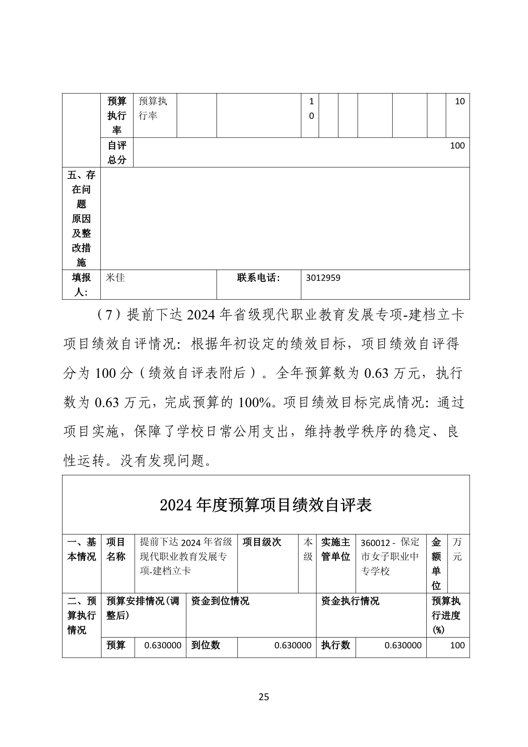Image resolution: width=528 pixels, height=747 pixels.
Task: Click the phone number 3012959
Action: (x=323, y=278)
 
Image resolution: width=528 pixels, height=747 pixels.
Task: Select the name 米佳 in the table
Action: (x=115, y=278)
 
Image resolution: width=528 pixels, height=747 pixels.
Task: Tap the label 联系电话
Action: (x=259, y=278)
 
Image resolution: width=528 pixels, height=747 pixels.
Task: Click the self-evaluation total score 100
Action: (x=457, y=146)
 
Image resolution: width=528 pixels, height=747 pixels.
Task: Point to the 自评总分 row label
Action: (x=117, y=152)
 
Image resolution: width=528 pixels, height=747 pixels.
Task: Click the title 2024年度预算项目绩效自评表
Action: (x=266, y=505)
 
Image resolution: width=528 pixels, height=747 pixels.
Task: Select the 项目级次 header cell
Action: (x=262, y=542)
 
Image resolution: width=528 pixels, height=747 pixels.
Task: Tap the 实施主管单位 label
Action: (x=336, y=549)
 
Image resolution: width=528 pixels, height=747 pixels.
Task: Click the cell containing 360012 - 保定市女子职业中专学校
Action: (x=390, y=557)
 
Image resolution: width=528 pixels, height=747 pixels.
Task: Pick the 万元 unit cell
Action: (x=457, y=549)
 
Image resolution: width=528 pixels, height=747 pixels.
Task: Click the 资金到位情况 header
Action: (x=220, y=601)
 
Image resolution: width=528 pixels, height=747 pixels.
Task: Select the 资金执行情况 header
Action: (x=350, y=601)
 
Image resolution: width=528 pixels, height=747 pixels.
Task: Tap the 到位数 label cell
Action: (x=205, y=645)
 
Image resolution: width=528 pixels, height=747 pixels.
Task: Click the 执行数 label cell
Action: (x=336, y=645)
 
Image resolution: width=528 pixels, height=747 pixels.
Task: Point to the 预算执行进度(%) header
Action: (x=446, y=615)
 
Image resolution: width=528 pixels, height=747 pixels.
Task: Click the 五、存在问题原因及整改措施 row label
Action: (x=81, y=218)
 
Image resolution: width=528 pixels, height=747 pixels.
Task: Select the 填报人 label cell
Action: (x=81, y=285)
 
